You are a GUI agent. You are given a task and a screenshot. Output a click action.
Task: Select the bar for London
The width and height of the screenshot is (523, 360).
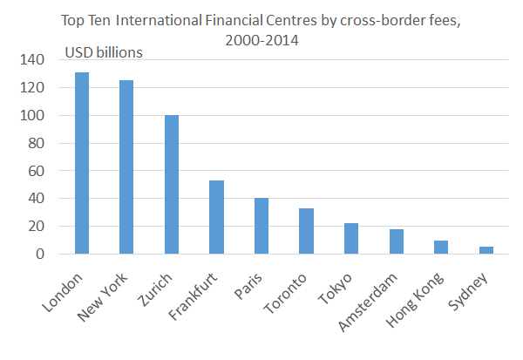click(81, 163)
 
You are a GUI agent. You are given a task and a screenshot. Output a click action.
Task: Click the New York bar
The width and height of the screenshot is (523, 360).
click(126, 166)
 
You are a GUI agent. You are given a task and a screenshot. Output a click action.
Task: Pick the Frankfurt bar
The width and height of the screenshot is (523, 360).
click(216, 217)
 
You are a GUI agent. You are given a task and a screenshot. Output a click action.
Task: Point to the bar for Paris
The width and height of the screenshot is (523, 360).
click(261, 226)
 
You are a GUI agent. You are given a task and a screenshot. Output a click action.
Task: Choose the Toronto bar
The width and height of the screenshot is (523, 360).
click(306, 231)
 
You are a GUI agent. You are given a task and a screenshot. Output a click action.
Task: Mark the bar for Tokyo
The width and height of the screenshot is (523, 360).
click(351, 239)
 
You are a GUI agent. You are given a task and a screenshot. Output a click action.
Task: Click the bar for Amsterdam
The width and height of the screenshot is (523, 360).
click(396, 241)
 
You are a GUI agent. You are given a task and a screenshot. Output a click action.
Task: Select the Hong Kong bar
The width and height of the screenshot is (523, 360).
click(441, 247)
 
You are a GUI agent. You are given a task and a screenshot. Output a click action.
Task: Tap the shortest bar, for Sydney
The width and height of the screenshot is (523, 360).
click(486, 250)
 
